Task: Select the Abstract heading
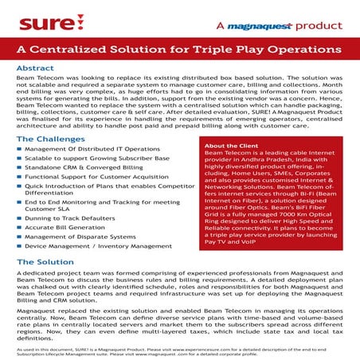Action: [x=36, y=68]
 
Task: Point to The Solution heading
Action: [x=45, y=262]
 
